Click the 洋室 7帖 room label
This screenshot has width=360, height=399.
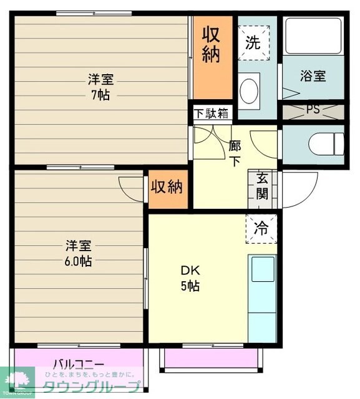click(100, 87)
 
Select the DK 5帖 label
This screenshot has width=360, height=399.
click(190, 279)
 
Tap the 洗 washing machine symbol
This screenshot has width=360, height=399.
click(252, 43)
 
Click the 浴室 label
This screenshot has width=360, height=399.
click(313, 76)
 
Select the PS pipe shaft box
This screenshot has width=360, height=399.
click(313, 111)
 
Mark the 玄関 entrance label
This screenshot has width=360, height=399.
click(262, 186)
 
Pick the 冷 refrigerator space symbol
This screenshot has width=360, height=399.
click(262, 228)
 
